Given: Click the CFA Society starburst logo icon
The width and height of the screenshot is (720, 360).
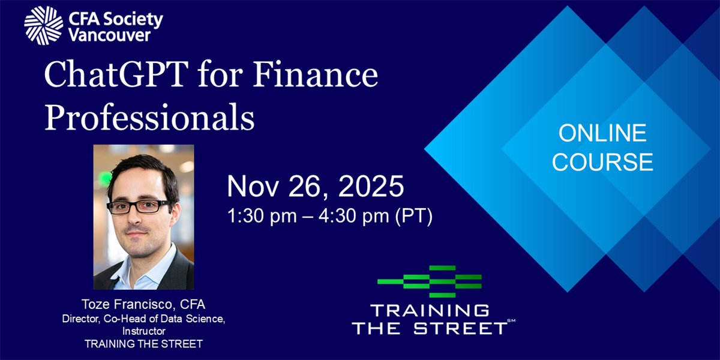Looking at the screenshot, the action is [x=43, y=25].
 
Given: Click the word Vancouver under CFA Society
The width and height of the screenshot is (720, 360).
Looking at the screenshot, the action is [x=110, y=35].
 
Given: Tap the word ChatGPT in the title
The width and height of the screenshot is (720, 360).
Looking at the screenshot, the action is [x=116, y=74].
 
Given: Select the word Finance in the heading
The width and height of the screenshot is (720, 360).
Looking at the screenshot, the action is [x=316, y=74].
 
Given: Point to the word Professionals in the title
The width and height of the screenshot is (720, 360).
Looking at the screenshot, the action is [x=149, y=118].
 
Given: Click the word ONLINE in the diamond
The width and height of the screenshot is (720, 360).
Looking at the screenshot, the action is [x=602, y=133].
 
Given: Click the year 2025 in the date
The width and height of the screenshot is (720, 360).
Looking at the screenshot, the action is [x=371, y=186].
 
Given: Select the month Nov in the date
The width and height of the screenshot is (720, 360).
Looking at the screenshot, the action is [x=253, y=186].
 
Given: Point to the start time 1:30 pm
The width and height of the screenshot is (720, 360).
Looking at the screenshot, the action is [x=262, y=215].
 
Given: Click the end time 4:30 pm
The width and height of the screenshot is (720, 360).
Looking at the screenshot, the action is [x=354, y=215].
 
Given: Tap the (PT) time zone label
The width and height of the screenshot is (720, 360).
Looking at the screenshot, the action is [x=413, y=215].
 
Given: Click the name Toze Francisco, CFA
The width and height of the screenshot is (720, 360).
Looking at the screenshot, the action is [x=143, y=304].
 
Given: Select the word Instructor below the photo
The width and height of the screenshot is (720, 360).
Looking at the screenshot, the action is [x=143, y=331].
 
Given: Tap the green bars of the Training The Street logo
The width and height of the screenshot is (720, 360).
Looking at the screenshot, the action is [x=430, y=281].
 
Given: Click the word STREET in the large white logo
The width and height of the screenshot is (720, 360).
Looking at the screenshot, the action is [x=460, y=329].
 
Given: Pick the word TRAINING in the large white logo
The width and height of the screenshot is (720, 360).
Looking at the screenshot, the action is [x=430, y=311].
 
